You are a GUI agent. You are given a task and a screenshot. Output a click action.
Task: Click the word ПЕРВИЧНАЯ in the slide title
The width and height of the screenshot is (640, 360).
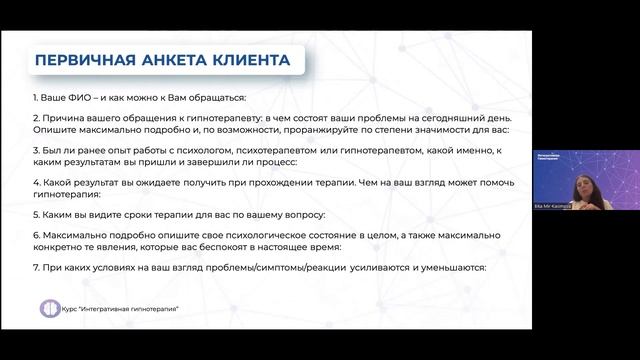pos(84,61)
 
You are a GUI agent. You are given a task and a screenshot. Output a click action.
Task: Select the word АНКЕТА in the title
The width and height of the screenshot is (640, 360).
pos(172,61)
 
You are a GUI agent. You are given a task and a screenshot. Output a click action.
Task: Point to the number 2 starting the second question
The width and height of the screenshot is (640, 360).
pos(35,118)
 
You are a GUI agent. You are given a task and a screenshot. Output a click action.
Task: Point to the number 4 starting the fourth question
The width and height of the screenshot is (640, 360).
pos(35,183)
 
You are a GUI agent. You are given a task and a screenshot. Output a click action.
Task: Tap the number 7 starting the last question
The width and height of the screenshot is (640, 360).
pos(35,268)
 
